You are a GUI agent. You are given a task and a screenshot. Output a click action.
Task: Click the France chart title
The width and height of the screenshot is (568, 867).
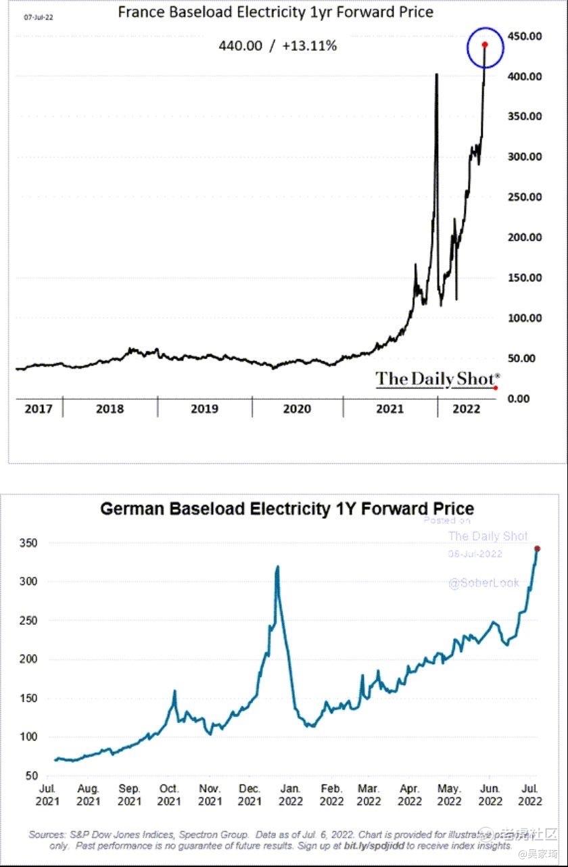tap(275, 12)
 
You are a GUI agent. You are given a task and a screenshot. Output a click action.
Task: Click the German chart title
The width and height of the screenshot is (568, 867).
tap(287, 509)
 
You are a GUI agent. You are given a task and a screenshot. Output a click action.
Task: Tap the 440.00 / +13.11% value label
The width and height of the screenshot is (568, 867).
tap(277, 46)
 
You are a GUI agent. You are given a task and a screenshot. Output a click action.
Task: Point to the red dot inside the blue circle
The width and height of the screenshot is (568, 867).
tap(485, 45)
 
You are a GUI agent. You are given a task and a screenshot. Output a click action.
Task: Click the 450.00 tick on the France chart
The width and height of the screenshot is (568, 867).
tap(525, 36)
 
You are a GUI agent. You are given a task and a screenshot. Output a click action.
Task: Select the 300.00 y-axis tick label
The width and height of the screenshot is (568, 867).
tap(525, 157)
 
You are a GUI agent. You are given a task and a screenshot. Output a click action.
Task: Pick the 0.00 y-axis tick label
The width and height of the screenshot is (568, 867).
tap(519, 398)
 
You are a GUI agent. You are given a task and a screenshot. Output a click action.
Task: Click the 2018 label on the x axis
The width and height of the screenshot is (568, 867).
tap(110, 409)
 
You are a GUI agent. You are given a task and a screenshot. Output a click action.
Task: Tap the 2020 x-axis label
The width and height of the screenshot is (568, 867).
tap(297, 409)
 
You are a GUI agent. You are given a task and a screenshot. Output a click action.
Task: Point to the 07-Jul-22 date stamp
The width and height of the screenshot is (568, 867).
tap(39, 17)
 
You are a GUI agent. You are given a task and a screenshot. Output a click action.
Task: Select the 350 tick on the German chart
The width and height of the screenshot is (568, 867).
tap(28, 543)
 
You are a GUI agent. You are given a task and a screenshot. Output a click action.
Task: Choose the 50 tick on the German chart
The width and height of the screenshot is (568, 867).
tap(31, 776)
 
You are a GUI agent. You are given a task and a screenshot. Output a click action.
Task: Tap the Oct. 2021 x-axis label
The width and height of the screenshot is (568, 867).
tap(169, 795)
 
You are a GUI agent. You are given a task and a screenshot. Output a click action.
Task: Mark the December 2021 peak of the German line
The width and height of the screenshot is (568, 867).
tap(277, 567)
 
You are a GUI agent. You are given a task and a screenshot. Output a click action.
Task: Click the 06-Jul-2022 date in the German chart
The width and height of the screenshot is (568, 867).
tap(475, 553)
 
